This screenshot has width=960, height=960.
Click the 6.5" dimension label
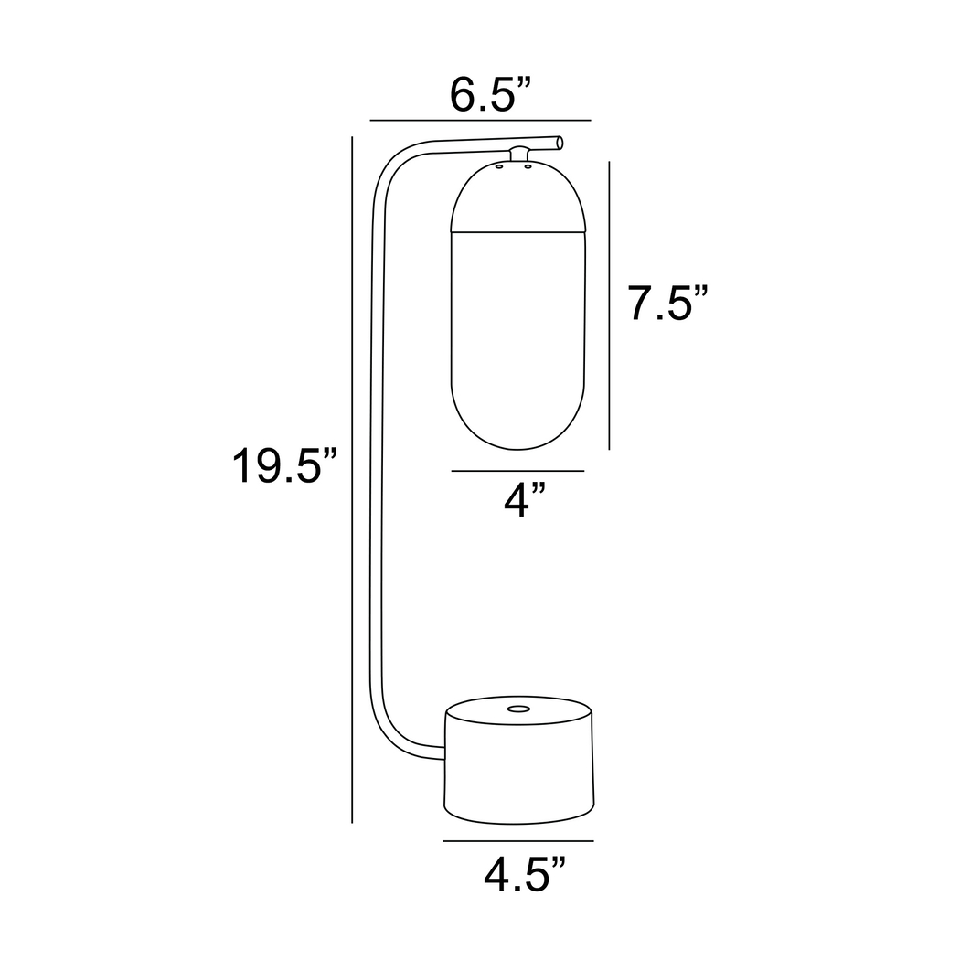tap(490, 95)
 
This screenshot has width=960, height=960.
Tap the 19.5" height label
tap(284, 466)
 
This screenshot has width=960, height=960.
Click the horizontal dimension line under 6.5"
tap(480, 120)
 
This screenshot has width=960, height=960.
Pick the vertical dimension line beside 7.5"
tap(610, 304)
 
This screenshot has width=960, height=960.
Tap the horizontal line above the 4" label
tap(517, 471)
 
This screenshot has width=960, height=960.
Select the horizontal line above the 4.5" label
tap(518, 840)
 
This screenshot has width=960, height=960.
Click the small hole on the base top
tap(518, 709)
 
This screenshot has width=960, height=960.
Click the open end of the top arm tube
tap(560, 142)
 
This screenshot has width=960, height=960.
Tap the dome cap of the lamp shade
tap(517, 197)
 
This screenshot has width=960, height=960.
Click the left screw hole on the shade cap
tap(499, 167)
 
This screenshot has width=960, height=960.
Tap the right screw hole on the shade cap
tap(528, 167)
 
